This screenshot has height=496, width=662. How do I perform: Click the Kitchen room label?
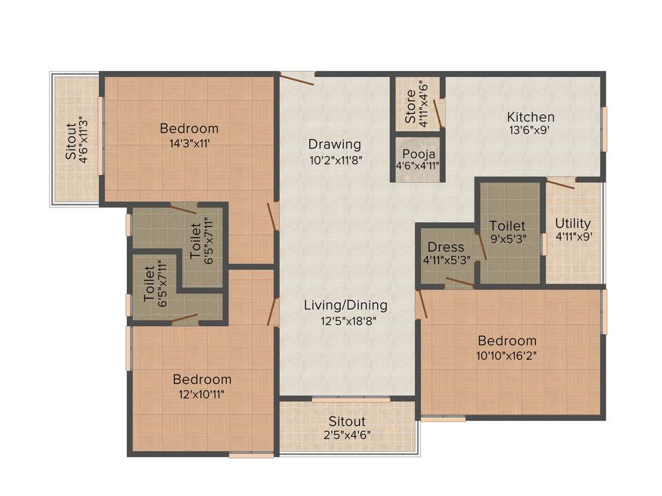pos(530,117)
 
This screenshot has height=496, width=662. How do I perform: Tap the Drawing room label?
pos(334,144)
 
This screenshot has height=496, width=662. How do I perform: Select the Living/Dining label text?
pos(345,305)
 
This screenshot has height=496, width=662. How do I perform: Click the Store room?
pos(417,103)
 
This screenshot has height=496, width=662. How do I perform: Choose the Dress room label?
pos(445,247)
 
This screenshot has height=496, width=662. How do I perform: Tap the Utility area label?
pos(573,223)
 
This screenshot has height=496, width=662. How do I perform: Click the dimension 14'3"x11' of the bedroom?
pos(189,144)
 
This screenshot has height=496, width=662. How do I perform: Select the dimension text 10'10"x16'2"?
pos(507,355)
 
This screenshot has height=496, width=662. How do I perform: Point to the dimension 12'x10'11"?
pos(202,394)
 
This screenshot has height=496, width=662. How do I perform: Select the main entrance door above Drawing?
pos(296,78)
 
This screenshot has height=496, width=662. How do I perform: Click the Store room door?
pos(439,113)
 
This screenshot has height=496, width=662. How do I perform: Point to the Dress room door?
pos(460,280)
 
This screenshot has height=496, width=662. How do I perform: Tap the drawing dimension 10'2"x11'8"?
pos(334,160)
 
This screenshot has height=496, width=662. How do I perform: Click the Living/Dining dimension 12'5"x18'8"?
pos(345,320)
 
